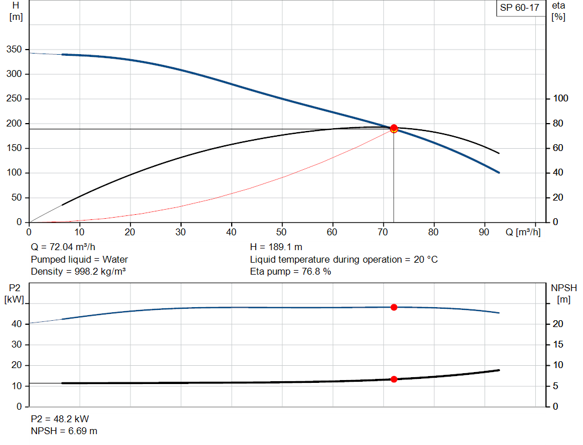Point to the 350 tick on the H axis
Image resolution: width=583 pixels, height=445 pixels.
(x=14, y=50)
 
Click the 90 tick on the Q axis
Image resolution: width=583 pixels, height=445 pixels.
(x=485, y=232)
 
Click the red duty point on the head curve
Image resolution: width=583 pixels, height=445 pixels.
(x=393, y=128)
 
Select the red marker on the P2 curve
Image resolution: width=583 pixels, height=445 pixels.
(x=393, y=307)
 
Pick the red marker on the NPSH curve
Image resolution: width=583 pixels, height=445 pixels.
(x=393, y=379)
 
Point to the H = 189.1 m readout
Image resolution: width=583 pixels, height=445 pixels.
(x=277, y=247)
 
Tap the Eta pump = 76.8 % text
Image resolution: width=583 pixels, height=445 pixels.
(x=290, y=271)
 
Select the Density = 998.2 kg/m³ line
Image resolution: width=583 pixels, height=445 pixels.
(x=78, y=271)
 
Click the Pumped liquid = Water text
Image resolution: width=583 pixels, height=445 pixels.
(x=79, y=259)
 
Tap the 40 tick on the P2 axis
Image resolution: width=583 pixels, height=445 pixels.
(x=17, y=324)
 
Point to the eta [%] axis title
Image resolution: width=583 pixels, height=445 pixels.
(x=558, y=11)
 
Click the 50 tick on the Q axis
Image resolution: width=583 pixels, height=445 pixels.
(x=282, y=232)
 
